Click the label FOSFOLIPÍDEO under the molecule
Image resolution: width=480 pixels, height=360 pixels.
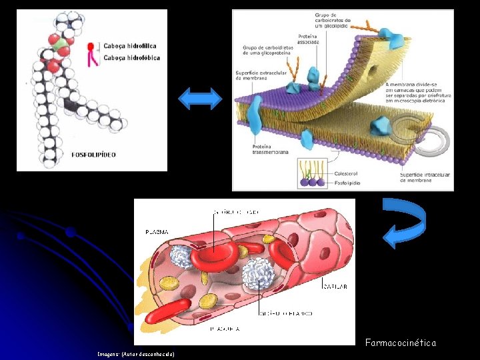[x=93, y=155]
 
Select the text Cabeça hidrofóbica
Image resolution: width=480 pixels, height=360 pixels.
[x=131, y=58]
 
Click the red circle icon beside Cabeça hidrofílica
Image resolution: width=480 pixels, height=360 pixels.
[x=91, y=46]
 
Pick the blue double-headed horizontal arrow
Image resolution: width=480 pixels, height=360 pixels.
[x=201, y=99]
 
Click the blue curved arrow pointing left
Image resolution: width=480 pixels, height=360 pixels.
[x=406, y=223]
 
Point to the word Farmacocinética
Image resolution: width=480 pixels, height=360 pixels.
[x=400, y=343]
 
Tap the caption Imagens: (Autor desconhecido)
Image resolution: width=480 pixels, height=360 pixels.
[x=135, y=354]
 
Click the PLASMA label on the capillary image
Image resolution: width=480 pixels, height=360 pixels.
[x=157, y=232]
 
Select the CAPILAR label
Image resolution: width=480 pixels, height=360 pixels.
[x=335, y=287]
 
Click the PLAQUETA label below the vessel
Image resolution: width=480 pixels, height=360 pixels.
[x=225, y=329]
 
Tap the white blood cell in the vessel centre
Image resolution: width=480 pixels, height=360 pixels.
[x=258, y=274]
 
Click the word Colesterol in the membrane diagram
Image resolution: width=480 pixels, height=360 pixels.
[x=344, y=172]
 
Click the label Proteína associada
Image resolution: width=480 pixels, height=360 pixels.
[x=308, y=39]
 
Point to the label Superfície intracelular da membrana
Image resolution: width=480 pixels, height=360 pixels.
[x=425, y=178]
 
